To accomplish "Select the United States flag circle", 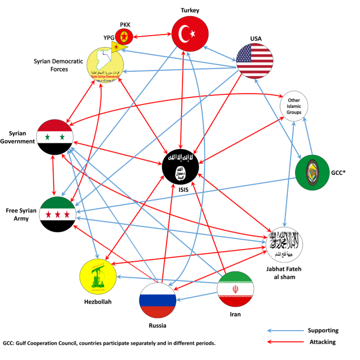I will tap(255, 61).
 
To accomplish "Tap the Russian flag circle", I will tap(158, 300).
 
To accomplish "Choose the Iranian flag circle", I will tap(235, 289).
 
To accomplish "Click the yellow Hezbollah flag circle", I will tap(98, 276).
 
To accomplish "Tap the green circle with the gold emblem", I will tap(312, 172).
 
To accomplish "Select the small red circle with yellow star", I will tap(124, 36).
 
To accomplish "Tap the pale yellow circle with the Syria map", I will tap(105, 67).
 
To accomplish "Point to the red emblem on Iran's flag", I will tap(235, 289).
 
